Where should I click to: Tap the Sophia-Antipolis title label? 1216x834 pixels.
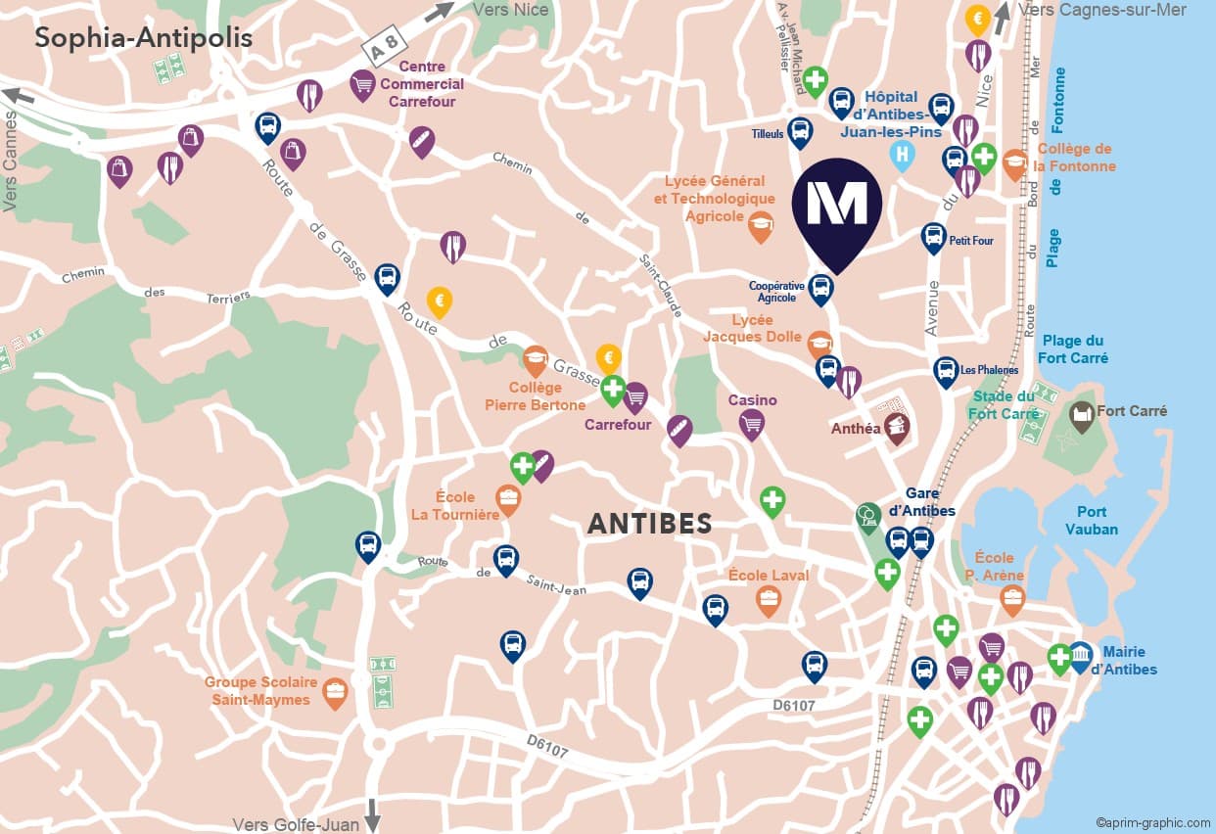144,38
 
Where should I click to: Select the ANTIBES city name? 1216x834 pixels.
649,524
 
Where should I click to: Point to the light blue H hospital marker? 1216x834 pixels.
902,155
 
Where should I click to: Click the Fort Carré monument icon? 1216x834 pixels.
1082,416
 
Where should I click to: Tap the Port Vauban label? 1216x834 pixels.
1092,520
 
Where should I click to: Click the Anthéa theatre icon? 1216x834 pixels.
897,427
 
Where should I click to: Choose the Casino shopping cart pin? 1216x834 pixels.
751,423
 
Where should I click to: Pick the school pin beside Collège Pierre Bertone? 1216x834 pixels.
535,360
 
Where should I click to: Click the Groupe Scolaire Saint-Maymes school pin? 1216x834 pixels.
336,693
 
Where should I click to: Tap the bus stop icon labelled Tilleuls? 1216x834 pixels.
800,131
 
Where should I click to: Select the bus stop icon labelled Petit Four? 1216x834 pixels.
933,237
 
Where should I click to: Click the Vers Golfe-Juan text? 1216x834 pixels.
296,824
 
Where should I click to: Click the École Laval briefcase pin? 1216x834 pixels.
769,599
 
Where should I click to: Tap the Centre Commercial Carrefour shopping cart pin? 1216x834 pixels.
363,84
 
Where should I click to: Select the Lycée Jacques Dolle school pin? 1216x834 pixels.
819,344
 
